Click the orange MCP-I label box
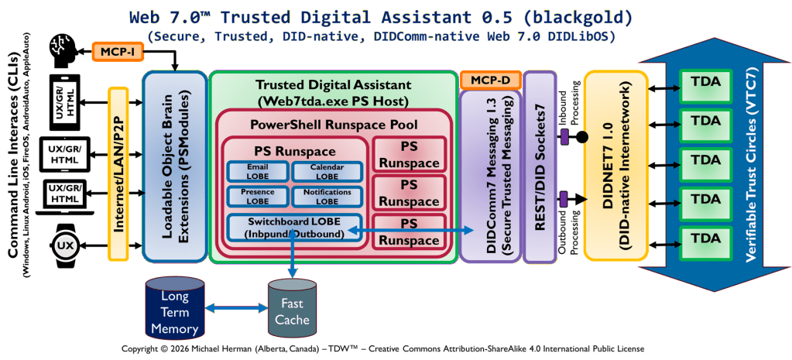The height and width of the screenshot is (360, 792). coord(117,52)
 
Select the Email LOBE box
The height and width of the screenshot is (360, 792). coord(256,172)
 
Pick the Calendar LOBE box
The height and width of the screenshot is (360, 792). coord(327,172)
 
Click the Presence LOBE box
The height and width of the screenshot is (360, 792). coord(256,197)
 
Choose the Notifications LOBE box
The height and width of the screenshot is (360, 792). coord(327,197)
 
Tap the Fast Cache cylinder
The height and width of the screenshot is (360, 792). coord(292,312)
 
